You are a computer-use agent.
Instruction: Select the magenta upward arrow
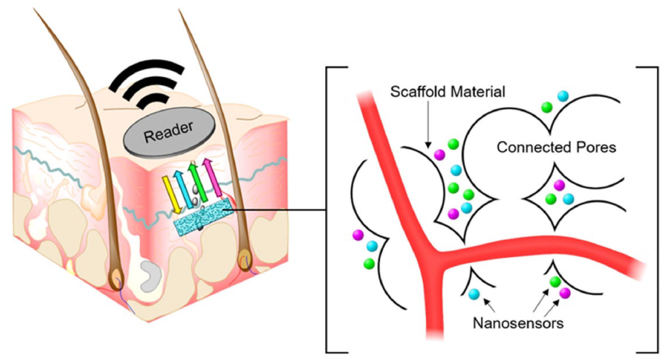212,177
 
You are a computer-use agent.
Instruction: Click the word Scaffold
418,91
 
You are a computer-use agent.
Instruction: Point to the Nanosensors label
518,323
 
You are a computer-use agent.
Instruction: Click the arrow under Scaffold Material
428,124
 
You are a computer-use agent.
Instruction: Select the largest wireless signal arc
147,74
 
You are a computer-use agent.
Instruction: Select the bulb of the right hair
245,261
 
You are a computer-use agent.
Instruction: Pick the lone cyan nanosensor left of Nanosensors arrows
474,294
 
